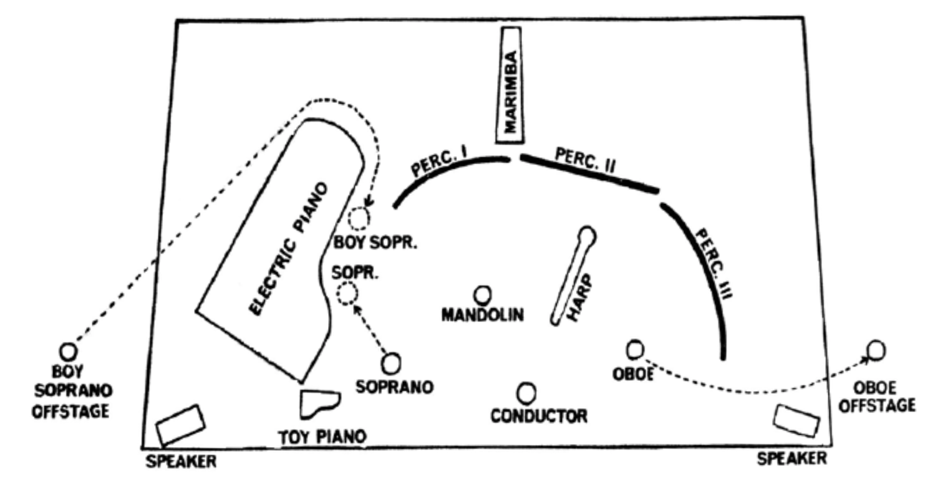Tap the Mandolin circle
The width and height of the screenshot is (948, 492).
[x=482, y=295]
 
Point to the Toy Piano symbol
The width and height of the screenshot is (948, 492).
[x=319, y=403]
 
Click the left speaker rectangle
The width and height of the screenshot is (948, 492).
[x=180, y=424]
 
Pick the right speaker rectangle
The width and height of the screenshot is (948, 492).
[x=796, y=420]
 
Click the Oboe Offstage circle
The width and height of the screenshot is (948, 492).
[x=876, y=350]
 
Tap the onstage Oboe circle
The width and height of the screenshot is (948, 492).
[x=635, y=349]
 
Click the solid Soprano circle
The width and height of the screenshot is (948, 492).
[x=392, y=363]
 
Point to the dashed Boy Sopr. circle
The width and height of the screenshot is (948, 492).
[x=359, y=219]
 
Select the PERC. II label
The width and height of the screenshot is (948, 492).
[x=585, y=162]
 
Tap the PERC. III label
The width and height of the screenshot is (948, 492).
[x=712, y=264]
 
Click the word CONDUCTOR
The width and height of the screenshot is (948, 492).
[x=538, y=415]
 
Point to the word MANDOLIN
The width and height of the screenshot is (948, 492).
[x=482, y=315]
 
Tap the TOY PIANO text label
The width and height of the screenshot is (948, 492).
[x=322, y=437]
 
